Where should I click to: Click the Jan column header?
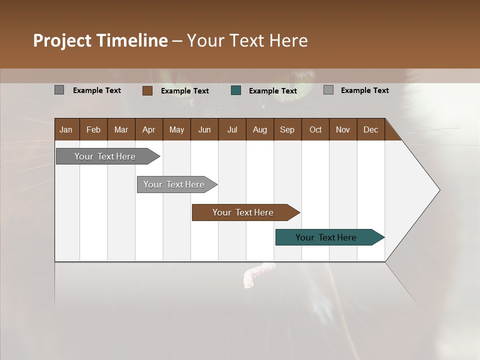point(66,129)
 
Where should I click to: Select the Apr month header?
point(149,129)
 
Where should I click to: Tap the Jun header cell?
point(204,129)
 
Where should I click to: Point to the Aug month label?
point(260,129)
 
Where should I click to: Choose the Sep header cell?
point(287,129)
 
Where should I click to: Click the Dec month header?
point(370,129)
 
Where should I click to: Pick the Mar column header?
point(121,129)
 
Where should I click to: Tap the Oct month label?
point(315,129)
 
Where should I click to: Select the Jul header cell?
point(232,129)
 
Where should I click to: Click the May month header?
point(176,129)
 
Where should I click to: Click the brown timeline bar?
point(243,212)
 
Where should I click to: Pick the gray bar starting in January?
point(105,156)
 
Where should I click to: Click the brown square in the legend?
point(147,90)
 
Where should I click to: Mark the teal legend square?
point(236,90)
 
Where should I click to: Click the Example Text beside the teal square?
point(273,91)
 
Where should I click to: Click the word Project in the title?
point(62,41)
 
